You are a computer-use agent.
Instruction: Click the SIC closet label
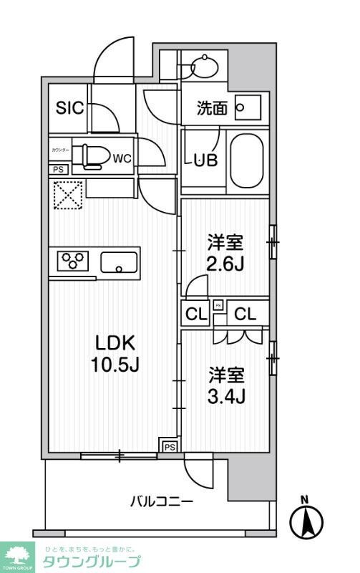point(69,109)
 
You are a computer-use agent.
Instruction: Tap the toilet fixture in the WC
point(92,155)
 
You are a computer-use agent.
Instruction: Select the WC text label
point(121,158)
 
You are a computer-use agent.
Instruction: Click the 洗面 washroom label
point(213,109)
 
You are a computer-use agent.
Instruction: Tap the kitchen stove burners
point(72,261)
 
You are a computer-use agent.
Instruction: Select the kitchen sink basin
point(120,263)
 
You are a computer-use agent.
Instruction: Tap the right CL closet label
point(245,313)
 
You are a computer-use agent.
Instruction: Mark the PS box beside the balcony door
point(169,447)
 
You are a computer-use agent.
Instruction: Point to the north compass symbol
point(306,519)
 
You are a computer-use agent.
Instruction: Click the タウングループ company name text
point(92,562)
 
